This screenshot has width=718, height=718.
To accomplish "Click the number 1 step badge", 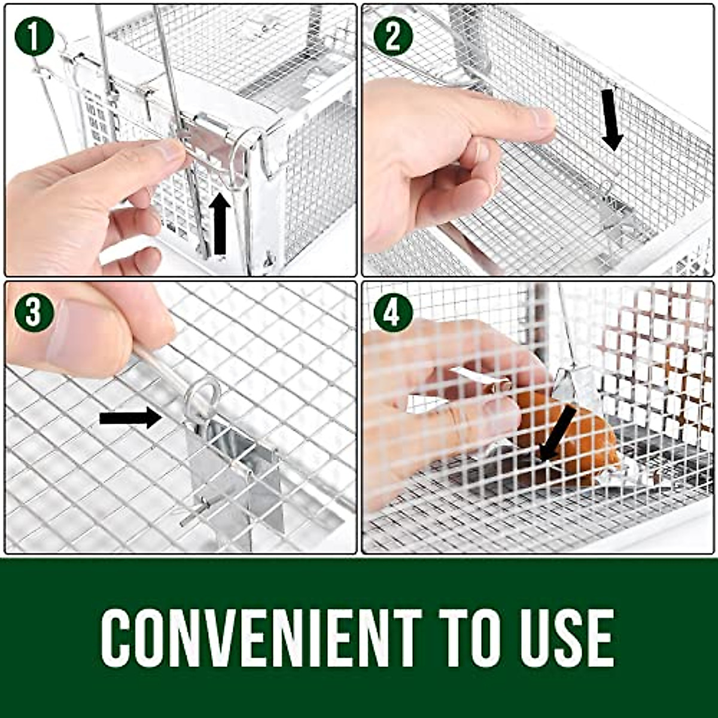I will click(34, 35).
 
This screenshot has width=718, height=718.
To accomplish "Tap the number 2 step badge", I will click(393, 35).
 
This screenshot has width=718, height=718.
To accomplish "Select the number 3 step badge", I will click(34, 312).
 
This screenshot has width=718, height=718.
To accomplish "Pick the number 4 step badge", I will click(393, 312).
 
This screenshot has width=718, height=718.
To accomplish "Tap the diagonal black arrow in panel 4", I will click(556, 434).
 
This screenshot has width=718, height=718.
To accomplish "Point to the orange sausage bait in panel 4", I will click(574, 437).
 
